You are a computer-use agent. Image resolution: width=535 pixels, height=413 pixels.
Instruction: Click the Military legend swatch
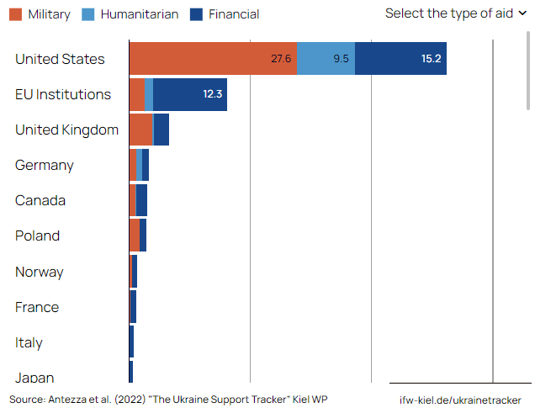(x=15, y=13)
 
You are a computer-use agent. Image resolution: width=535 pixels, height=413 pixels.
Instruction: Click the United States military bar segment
(x=213, y=59)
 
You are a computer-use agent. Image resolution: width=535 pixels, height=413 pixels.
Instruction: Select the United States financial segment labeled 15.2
(x=400, y=59)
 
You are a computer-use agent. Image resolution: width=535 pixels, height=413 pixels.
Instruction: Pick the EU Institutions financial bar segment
(x=190, y=94)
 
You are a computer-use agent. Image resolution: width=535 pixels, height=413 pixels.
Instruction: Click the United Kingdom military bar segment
(x=140, y=130)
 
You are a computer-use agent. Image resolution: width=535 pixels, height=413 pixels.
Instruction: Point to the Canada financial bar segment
(x=141, y=200)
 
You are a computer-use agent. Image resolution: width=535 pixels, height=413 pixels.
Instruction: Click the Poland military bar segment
(x=134, y=236)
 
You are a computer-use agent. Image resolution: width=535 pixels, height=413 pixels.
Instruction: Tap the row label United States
(x=60, y=59)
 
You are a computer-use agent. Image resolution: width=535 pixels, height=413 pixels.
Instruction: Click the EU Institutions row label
(x=63, y=94)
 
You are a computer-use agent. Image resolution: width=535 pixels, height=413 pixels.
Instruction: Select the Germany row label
(x=45, y=165)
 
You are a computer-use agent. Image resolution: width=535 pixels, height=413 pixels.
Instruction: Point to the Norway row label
(x=40, y=272)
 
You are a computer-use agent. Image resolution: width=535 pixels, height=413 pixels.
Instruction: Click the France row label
(x=37, y=307)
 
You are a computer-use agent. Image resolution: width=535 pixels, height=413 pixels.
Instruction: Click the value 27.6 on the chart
(x=281, y=59)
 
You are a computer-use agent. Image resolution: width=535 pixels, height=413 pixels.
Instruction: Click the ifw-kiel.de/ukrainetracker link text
(x=460, y=400)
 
